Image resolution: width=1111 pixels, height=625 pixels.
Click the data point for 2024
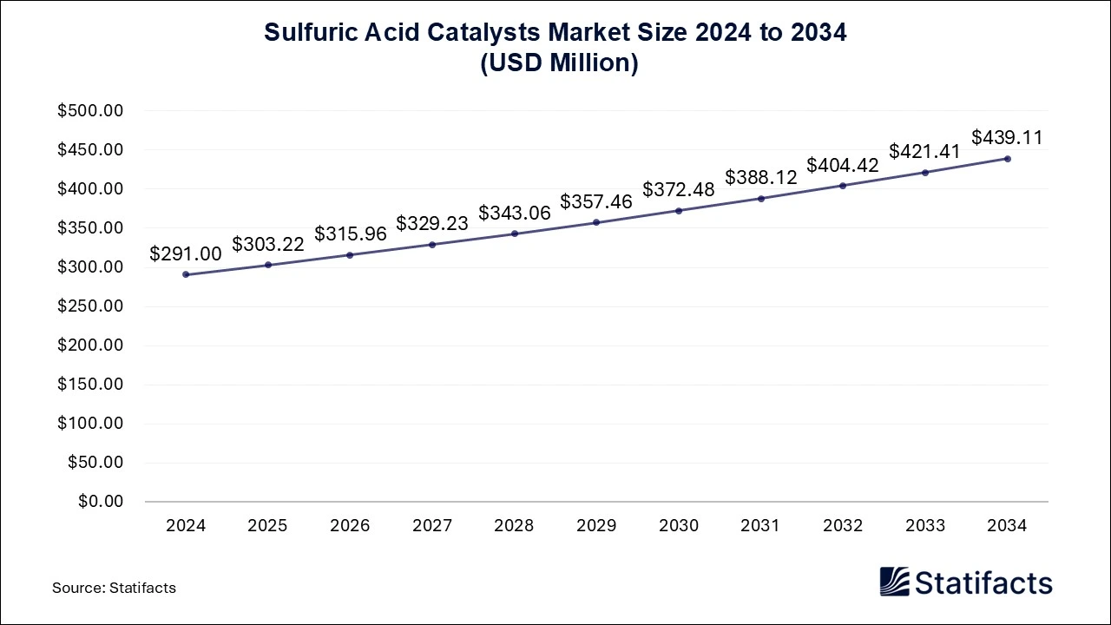click(x=186, y=274)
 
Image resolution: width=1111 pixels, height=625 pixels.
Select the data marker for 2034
click(x=1008, y=159)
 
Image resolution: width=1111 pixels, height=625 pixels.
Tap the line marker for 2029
click(x=596, y=222)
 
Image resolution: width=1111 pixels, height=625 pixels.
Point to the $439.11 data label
click(x=1007, y=137)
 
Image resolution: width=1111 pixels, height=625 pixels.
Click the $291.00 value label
click(x=186, y=253)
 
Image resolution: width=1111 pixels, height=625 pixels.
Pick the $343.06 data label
click(x=515, y=213)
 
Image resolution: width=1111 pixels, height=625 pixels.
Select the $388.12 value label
click(x=761, y=177)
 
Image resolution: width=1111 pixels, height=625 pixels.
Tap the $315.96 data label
click(x=351, y=234)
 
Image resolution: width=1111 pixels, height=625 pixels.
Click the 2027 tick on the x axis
click(x=432, y=526)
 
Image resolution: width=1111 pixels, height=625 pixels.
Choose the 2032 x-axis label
click(x=843, y=526)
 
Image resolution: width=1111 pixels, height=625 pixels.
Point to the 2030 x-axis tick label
click(x=679, y=526)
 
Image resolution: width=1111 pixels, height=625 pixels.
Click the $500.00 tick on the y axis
click(x=91, y=111)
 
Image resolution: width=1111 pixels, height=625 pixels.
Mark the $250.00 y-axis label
click(x=91, y=306)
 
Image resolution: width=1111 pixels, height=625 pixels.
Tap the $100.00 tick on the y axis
click(x=91, y=424)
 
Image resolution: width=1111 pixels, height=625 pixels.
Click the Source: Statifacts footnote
click(x=114, y=588)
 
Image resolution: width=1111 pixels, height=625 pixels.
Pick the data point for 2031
click(x=761, y=198)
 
